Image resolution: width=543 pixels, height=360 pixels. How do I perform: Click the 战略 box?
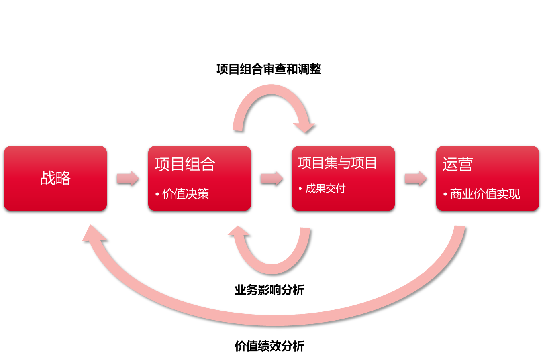[x=55, y=178]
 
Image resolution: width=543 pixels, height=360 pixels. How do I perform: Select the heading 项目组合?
[x=185, y=164]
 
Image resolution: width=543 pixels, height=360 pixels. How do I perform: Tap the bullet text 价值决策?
[x=186, y=194]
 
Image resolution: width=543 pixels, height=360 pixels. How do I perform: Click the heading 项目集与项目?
[x=337, y=163]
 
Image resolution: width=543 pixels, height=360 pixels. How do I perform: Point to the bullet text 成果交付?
[x=325, y=189]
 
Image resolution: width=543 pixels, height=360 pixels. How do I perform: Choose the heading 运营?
[x=457, y=164]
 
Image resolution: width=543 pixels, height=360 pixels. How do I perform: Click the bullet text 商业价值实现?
[x=485, y=194]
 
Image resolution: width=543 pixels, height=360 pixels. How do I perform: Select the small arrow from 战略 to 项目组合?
[x=128, y=178]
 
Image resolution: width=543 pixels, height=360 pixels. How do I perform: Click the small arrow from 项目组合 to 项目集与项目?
[x=272, y=178]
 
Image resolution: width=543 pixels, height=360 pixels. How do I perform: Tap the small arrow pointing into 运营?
[x=416, y=178]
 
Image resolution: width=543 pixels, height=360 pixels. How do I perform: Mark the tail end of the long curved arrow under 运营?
[x=459, y=227]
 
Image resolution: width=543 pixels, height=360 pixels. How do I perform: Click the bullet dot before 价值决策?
[x=157, y=195]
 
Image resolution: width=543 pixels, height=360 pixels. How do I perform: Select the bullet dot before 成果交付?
[x=300, y=189]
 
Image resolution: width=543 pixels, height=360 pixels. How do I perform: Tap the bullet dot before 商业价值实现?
[x=445, y=195]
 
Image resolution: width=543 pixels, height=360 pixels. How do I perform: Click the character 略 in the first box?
[x=63, y=178]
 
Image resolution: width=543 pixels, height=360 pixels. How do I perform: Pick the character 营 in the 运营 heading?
[x=465, y=164]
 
